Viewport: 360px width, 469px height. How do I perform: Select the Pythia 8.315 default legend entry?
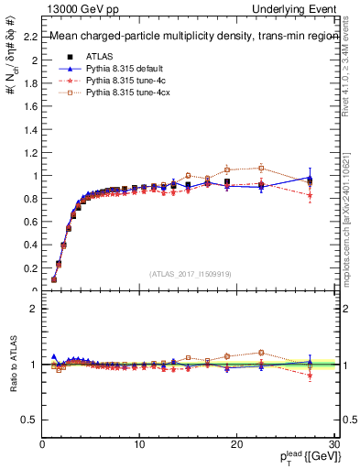[x=123, y=69]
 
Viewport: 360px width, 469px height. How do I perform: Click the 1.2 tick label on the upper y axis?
[x=32, y=152]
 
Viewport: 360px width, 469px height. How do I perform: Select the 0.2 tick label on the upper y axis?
[x=32, y=267]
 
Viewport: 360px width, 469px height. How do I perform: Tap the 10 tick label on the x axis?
[x=139, y=444]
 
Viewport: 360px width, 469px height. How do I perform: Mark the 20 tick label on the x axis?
[x=236, y=444]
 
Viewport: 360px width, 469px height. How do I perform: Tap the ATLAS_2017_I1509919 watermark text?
[x=191, y=273]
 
